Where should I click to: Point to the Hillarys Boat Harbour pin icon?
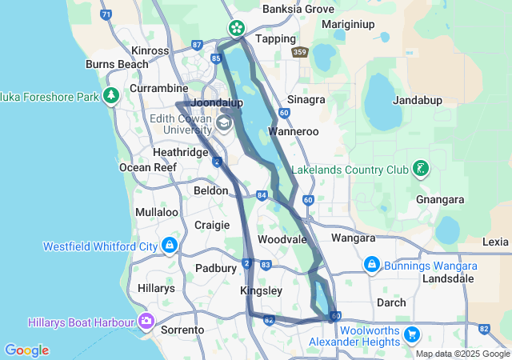[x=146, y=322]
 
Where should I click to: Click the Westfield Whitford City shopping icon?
[x=170, y=246]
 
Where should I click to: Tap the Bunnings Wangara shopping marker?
[x=371, y=263]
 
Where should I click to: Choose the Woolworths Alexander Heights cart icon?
[x=412, y=334]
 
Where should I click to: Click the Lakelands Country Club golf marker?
[x=420, y=169]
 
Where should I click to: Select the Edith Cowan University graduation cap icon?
[x=225, y=122]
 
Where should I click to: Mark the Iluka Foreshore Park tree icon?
[x=111, y=96]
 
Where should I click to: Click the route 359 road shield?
[x=299, y=53]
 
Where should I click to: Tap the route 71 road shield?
[x=106, y=15]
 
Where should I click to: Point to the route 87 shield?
[x=198, y=46]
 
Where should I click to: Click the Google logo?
[x=26, y=350]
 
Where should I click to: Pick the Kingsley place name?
[x=261, y=291]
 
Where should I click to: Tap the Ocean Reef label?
[x=145, y=167]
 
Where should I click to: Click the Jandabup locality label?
[x=418, y=101]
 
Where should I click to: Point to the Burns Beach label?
[x=117, y=64]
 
